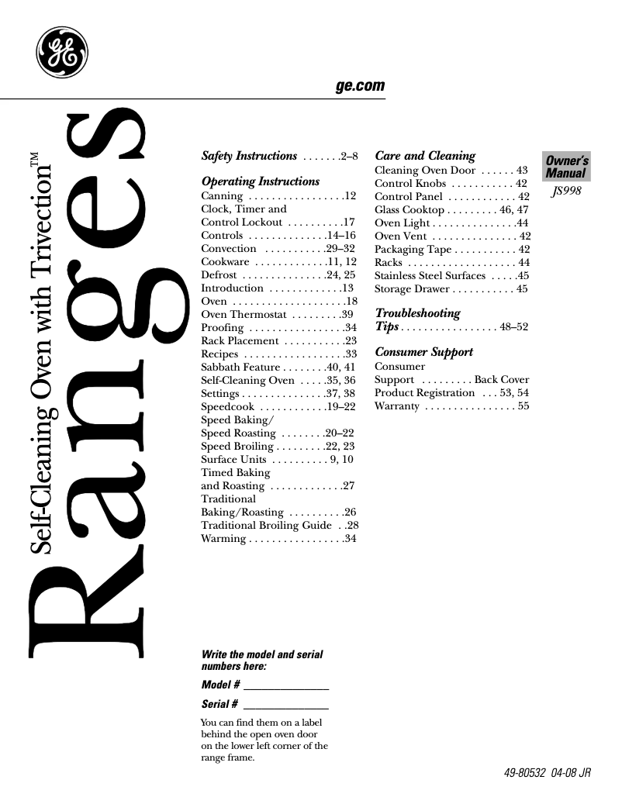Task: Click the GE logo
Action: pos(62,53)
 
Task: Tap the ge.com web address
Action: pos(360,86)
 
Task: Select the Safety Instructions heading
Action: pos(249,156)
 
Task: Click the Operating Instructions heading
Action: pos(260,181)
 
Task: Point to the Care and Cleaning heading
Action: pos(424,156)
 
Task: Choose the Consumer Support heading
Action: pos(423,352)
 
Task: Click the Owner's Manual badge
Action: pos(566,167)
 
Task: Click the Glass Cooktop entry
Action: pos(409,210)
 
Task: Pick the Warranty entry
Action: pos(396,406)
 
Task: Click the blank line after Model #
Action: pos(286,688)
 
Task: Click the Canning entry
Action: pos(221,196)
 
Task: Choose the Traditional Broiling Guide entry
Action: pos(265,525)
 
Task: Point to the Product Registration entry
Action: pos(424,393)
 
